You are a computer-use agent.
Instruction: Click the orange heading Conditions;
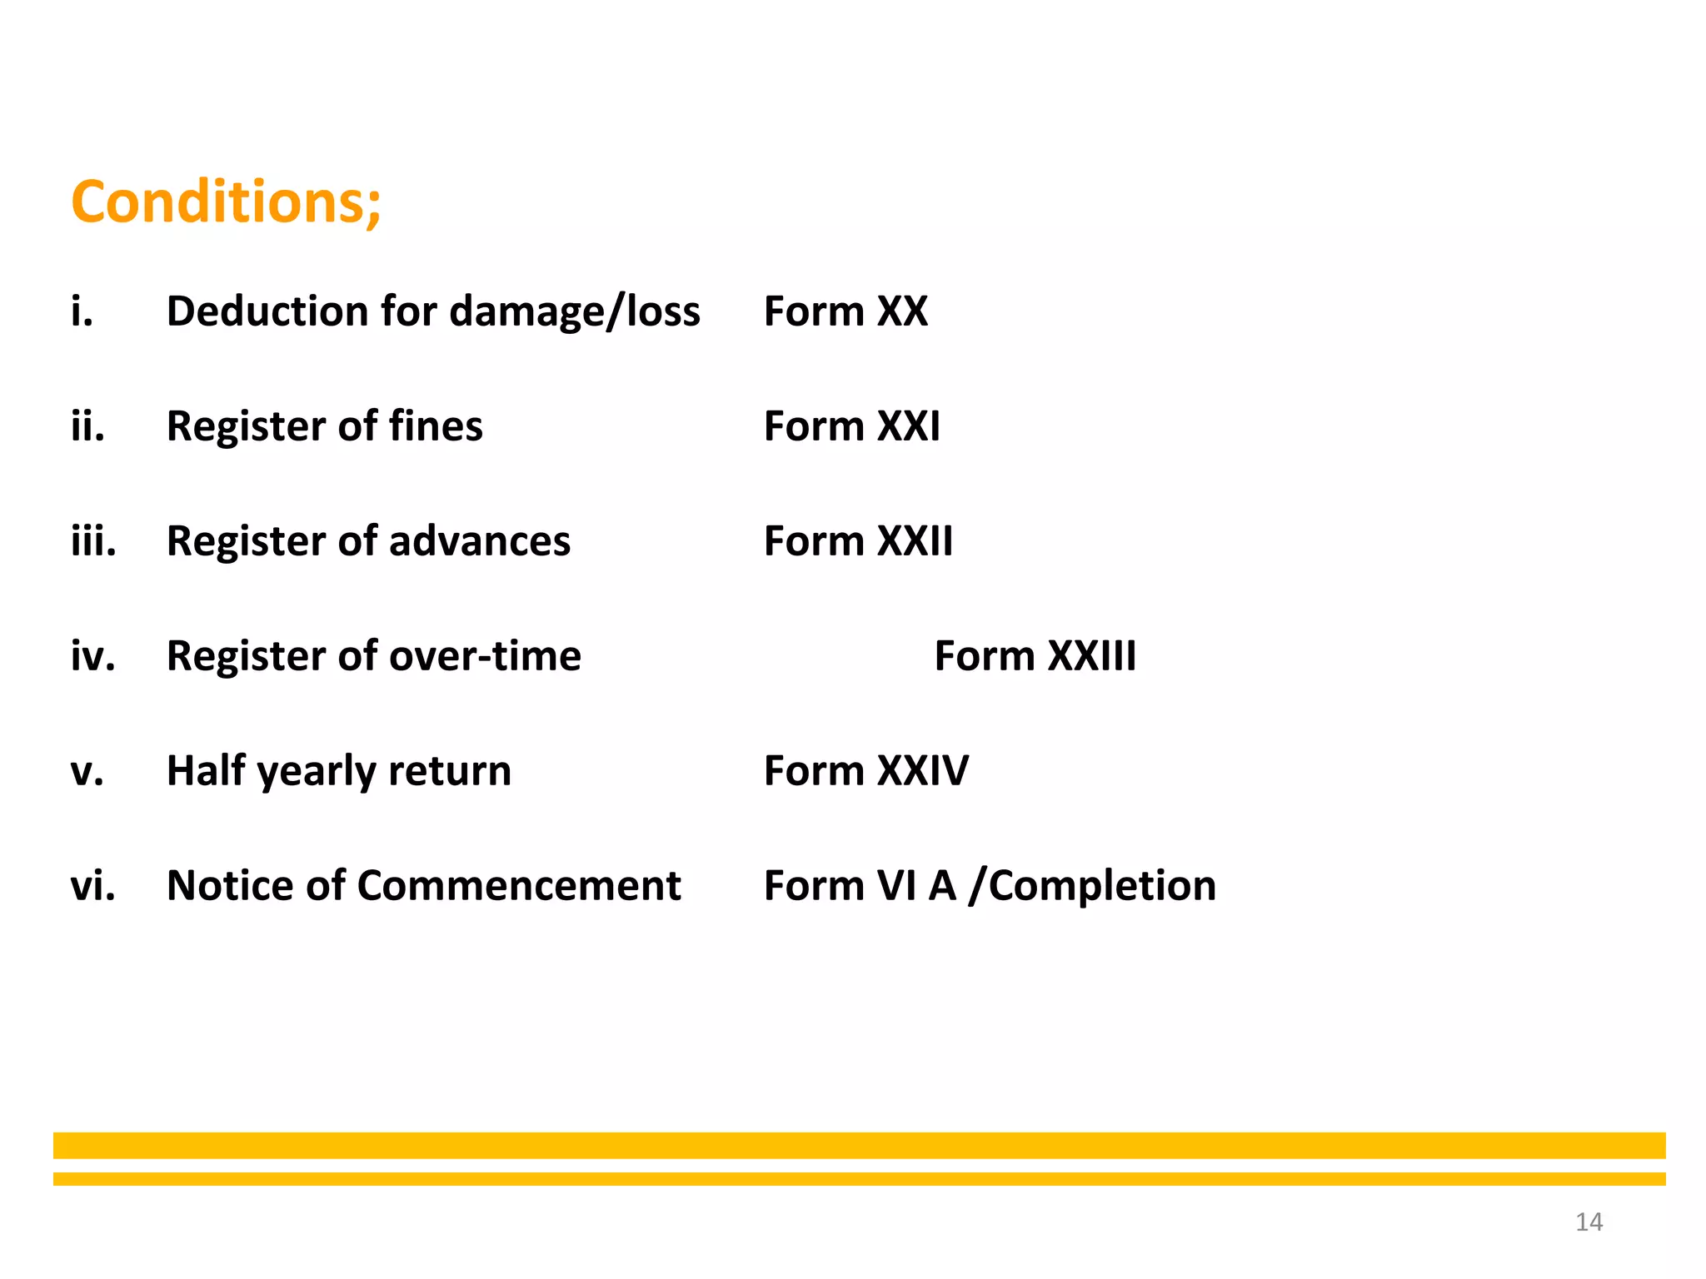click(226, 202)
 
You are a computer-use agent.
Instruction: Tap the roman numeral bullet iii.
click(93, 541)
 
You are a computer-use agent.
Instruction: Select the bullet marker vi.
click(92, 885)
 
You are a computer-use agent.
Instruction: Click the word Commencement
click(519, 885)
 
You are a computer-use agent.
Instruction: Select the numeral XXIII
click(1091, 656)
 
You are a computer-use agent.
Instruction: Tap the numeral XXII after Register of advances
click(915, 541)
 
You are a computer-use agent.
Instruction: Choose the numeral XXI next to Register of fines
click(909, 426)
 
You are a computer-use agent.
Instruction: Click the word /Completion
click(1092, 886)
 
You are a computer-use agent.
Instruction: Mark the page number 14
click(1589, 1222)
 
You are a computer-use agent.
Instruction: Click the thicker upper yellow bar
click(859, 1145)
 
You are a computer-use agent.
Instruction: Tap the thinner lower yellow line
click(859, 1178)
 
